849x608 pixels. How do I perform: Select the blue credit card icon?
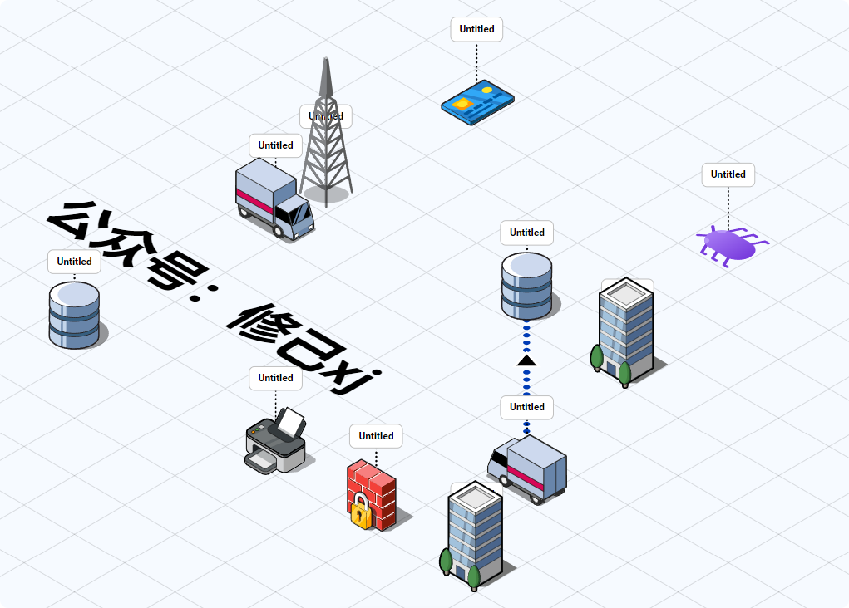477,102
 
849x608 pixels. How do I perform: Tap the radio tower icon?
326,141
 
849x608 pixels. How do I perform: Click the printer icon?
275,444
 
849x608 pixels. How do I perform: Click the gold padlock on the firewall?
360,510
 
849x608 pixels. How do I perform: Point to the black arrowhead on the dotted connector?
526,360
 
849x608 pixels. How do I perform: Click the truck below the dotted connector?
529,468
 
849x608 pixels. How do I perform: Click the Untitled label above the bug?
728,174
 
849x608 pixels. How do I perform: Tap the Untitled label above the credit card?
476,29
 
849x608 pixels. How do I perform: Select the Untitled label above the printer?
275,378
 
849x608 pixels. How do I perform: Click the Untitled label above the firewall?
376,436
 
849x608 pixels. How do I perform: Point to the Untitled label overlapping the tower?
326,116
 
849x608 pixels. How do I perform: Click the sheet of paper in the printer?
291,423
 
